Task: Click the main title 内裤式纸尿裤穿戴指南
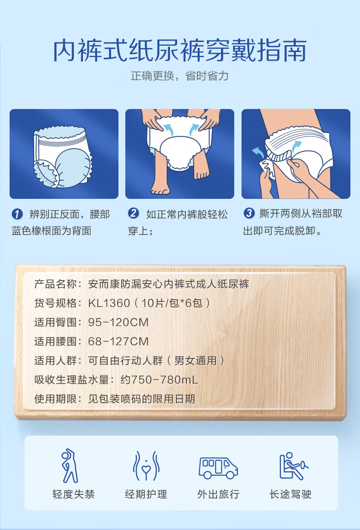coord(180,50)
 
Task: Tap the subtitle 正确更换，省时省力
coord(180,76)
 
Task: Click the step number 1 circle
coord(17,214)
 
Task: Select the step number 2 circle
coord(134,213)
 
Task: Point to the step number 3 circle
coord(249,213)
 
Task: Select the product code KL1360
coord(109,303)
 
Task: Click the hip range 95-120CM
coord(118,322)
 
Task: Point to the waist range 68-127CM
coord(118,341)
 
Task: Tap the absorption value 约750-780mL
coord(159,379)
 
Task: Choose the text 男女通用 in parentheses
coord(195,361)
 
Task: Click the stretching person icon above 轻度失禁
coord(69,466)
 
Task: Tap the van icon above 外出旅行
coord(218,468)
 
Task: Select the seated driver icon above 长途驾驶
coord(293,466)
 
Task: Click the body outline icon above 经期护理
coord(146,466)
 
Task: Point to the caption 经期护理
coord(146,494)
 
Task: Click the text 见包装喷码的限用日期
coord(142,399)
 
